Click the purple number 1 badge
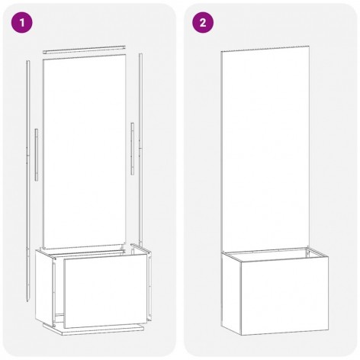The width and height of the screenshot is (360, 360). tap(22, 23)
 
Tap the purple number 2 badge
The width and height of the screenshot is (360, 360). tap(203, 23)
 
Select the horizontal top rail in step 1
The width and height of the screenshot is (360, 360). tap(84, 50)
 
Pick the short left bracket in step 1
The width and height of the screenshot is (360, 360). tap(37, 155)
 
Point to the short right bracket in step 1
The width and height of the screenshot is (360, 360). tap(133, 149)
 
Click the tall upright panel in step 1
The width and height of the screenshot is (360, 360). tap(85, 152)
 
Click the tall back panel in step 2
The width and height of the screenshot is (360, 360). tap(265, 149)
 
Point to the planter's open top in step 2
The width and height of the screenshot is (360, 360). tap(275, 254)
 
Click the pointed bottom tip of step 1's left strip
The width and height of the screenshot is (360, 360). tap(27, 301)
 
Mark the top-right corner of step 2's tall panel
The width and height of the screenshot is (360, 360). tap(309, 46)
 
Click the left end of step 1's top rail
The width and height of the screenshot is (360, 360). tap(43, 52)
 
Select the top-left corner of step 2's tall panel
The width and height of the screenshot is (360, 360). tap(221, 52)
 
